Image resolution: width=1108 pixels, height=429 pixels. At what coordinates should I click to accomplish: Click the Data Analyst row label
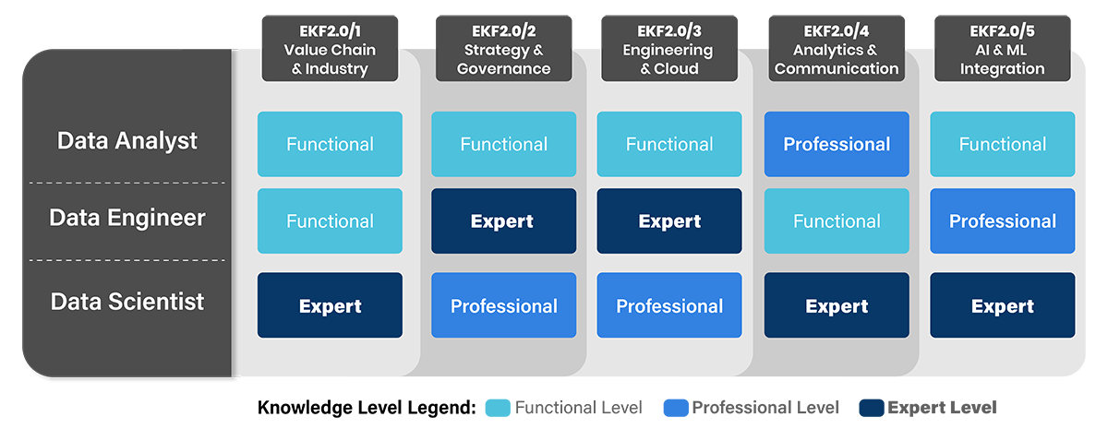127,141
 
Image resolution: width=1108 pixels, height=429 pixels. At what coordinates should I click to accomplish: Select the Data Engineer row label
127,219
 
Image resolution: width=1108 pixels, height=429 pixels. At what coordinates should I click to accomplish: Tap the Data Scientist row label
127,303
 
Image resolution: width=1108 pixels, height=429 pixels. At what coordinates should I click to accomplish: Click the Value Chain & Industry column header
330,50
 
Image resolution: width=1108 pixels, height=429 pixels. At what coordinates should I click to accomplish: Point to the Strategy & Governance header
503,50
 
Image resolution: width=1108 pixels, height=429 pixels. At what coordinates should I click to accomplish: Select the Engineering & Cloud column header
669,50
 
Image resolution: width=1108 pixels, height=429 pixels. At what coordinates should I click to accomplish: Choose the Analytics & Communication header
837,50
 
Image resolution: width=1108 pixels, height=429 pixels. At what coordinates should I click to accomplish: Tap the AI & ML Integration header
1002,50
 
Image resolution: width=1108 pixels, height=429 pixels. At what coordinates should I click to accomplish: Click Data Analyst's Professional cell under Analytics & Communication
837,144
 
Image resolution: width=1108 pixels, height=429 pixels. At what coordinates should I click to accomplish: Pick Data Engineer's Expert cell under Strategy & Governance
503,221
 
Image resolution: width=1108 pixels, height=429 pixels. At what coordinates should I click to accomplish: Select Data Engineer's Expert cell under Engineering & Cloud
669,221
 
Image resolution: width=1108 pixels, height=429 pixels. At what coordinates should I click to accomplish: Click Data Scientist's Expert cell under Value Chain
330,305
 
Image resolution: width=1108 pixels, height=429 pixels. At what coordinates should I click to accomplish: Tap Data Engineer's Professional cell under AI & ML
1002,221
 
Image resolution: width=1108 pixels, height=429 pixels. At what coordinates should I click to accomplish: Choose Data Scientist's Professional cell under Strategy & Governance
503,305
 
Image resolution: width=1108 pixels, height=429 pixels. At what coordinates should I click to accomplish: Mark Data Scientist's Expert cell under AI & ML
1002,305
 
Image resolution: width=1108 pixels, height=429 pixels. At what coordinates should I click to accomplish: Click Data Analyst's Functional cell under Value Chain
330,144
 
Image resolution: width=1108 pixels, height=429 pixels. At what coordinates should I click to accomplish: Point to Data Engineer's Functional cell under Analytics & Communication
837,221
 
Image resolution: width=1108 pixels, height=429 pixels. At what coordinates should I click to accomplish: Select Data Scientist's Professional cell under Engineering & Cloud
669,305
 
